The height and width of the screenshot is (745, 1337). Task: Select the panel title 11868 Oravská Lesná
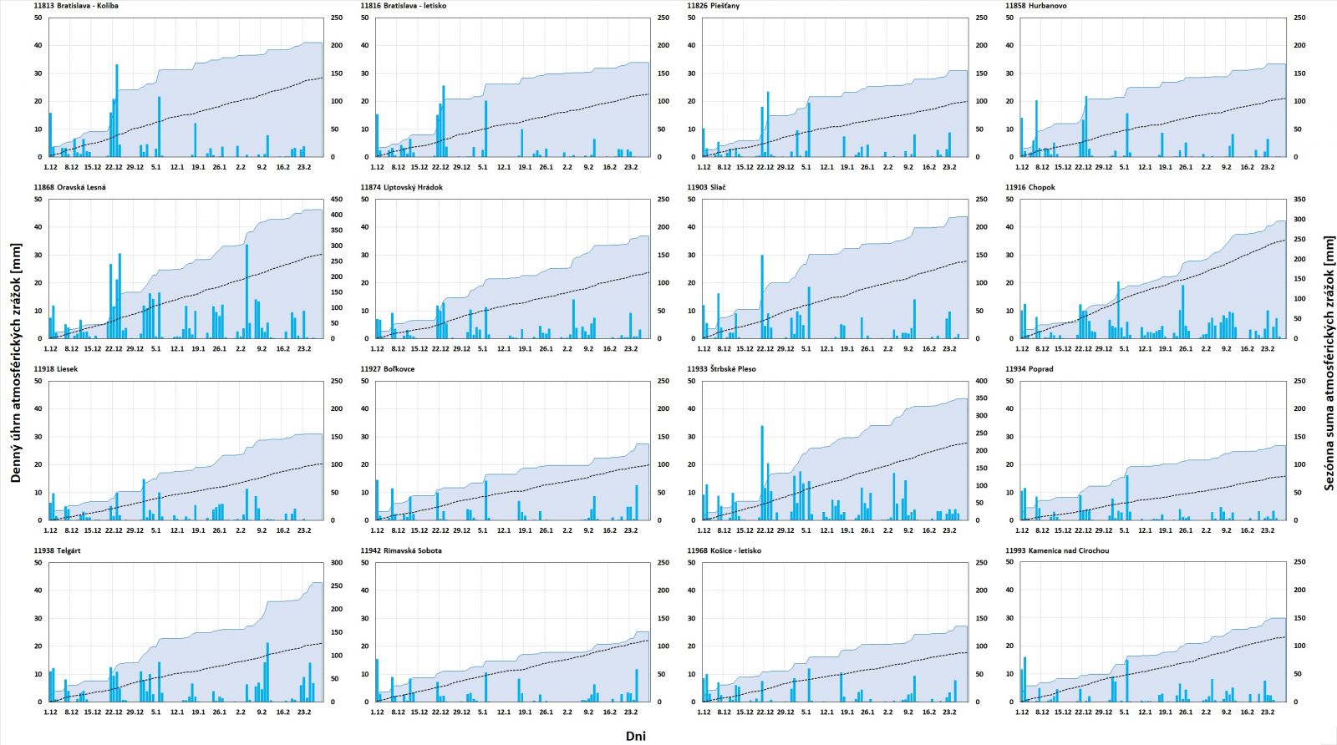tap(69, 187)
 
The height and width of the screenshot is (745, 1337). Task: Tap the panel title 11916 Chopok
tap(1029, 187)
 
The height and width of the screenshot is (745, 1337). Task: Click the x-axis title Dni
tap(635, 736)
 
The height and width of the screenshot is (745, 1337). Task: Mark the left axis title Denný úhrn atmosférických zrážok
tap(16, 362)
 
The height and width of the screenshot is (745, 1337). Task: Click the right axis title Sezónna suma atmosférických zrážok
tap(1329, 362)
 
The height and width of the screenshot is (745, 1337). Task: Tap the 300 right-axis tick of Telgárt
tap(338, 563)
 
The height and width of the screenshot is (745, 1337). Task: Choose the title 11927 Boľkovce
tap(387, 368)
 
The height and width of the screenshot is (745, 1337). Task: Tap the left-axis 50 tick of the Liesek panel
tap(38, 381)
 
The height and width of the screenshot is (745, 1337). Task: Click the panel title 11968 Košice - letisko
tap(724, 550)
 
